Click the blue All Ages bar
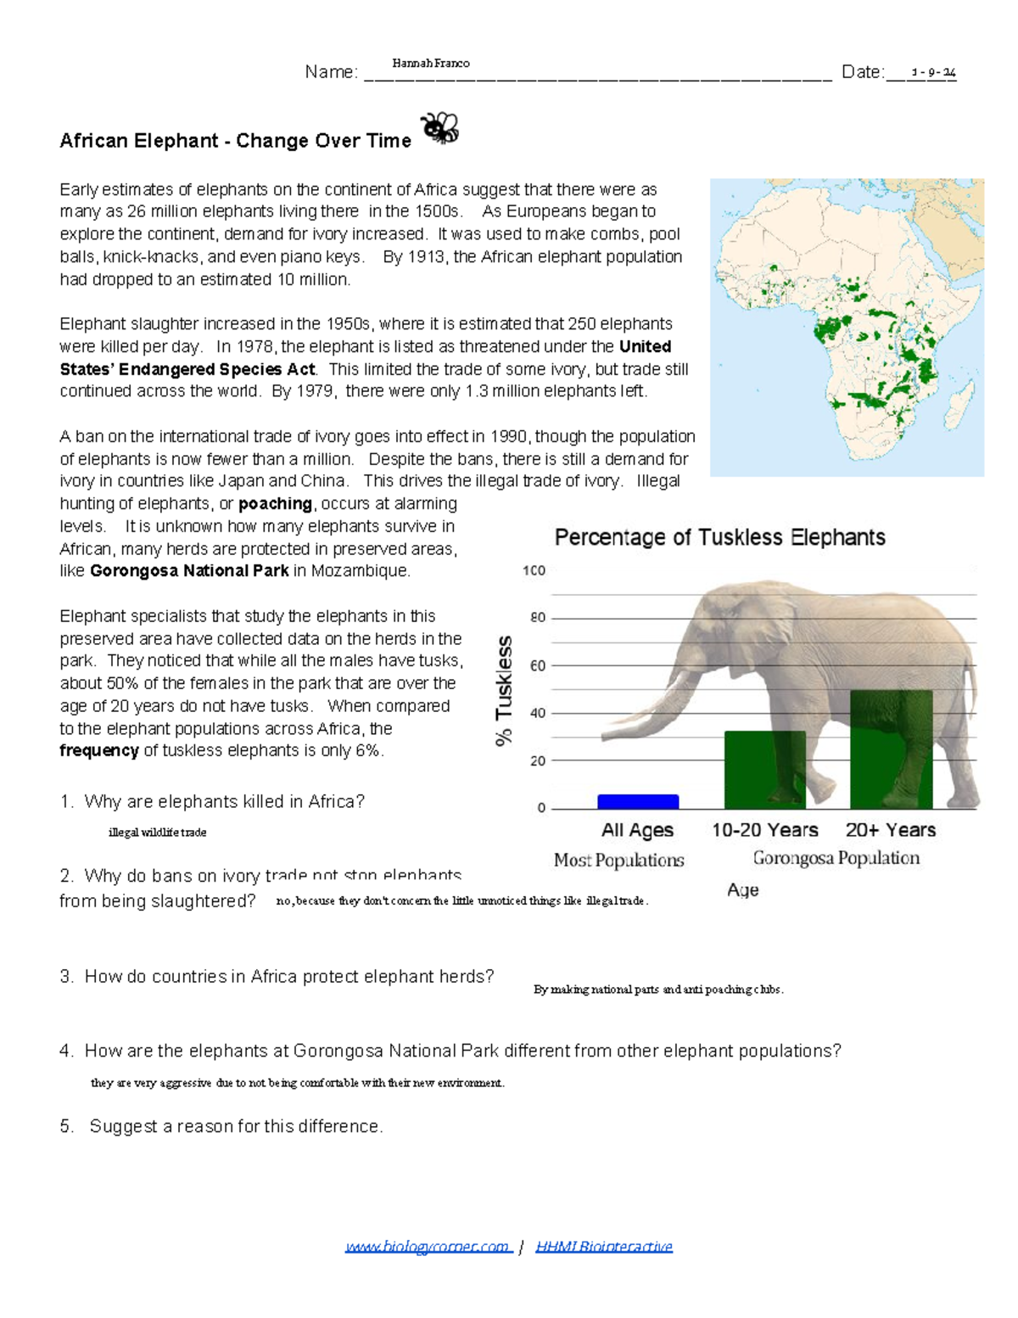click(x=638, y=801)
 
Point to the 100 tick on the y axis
click(x=534, y=570)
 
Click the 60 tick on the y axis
click(x=538, y=665)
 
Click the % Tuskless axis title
click(x=505, y=691)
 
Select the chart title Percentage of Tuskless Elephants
click(x=719, y=537)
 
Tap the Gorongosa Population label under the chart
click(x=836, y=858)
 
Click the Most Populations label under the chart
click(x=618, y=860)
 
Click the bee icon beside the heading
click(x=440, y=128)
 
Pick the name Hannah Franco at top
click(x=430, y=63)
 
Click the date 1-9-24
click(x=933, y=73)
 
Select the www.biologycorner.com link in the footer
click(x=428, y=1246)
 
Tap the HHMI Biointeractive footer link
click(x=604, y=1246)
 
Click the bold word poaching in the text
click(x=275, y=503)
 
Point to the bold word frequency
click(x=98, y=750)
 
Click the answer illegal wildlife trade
click(x=157, y=832)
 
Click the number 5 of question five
click(x=66, y=1126)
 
